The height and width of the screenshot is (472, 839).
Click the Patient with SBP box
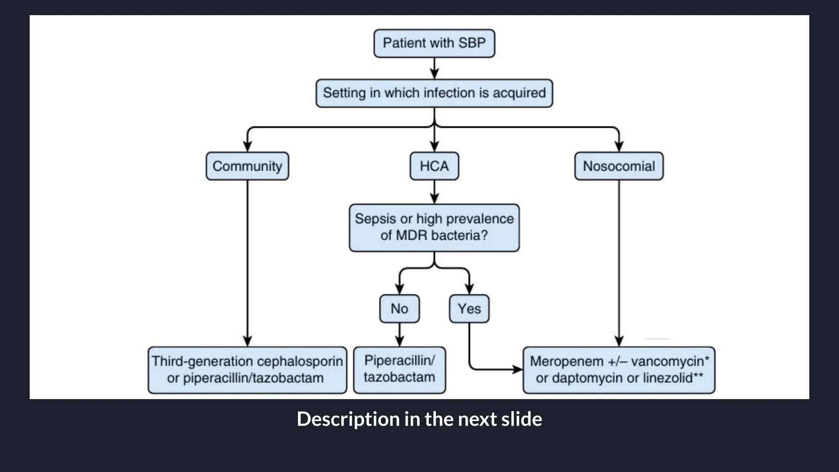pyautogui.click(x=434, y=43)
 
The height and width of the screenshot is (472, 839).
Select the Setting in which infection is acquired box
pyautogui.click(x=434, y=93)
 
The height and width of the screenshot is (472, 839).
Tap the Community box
pyautogui.click(x=247, y=166)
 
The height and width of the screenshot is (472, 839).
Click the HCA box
pyautogui.click(x=434, y=166)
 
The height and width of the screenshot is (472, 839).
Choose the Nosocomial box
pyautogui.click(x=619, y=166)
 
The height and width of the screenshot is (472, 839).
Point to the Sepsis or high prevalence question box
pyautogui.click(x=434, y=227)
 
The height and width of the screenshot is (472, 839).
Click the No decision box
pyautogui.click(x=399, y=309)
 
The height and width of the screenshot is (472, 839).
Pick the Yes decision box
pyautogui.click(x=469, y=309)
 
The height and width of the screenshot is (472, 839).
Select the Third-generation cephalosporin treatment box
pyautogui.click(x=247, y=370)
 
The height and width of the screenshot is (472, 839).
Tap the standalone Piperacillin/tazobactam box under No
pyautogui.click(x=399, y=370)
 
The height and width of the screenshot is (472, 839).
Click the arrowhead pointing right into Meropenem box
pyautogui.click(x=518, y=370)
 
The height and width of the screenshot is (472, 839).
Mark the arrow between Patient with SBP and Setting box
pyautogui.click(x=434, y=68)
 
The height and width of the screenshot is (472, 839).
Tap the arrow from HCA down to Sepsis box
pyautogui.click(x=434, y=192)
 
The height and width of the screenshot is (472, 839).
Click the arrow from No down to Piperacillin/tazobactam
pyautogui.click(x=399, y=335)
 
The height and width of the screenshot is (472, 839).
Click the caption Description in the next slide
pyautogui.click(x=419, y=419)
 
